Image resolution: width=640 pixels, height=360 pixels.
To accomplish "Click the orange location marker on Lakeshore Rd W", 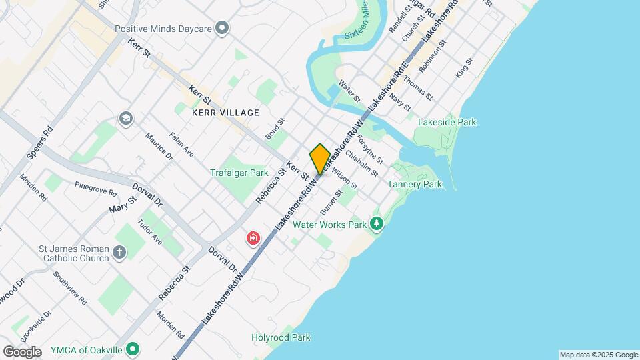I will coord(319,159).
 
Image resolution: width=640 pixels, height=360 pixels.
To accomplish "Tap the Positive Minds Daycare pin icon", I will coord(223,29).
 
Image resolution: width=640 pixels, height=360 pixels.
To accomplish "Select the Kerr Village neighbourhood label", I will coord(225,113).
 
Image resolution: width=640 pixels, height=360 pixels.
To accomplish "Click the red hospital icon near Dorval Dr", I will coord(253,238).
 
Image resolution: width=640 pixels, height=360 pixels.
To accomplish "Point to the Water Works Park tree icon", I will coord(377,224).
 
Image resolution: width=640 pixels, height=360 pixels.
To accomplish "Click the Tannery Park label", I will coord(415,184).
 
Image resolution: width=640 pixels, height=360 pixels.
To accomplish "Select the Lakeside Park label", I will coord(447,122).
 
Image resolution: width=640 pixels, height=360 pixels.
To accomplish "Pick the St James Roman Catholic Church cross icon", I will coord(119,252).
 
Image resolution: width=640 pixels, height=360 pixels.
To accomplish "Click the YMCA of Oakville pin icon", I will coord(133,349).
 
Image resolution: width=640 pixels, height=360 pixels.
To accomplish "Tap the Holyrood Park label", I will coord(281,337).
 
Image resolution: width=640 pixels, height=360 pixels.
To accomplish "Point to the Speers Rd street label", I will coord(40,143).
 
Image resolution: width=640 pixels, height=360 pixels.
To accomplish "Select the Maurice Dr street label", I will coord(159,146).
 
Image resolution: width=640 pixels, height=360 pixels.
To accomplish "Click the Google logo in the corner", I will coord(22,352).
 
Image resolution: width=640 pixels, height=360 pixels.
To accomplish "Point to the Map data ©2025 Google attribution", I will coord(599,355).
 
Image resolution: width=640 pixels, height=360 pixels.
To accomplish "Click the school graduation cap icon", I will coord(125,119).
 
